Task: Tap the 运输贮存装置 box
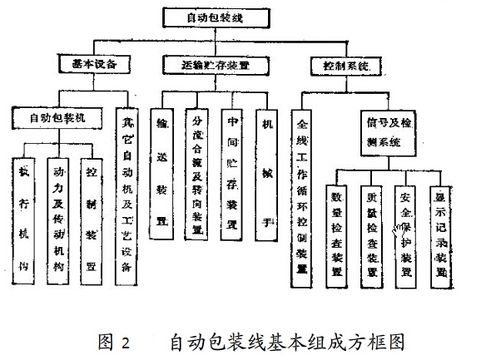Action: tap(217, 63)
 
